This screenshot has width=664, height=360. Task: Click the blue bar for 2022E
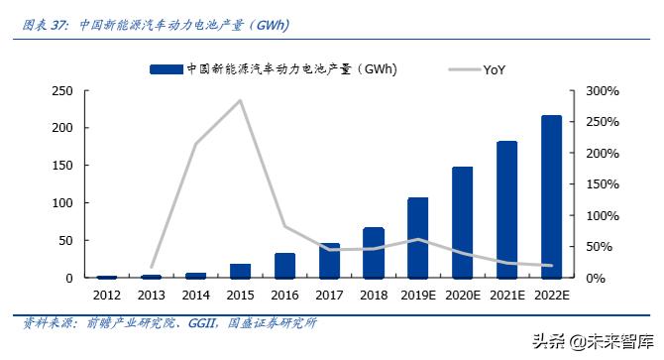[x=551, y=196]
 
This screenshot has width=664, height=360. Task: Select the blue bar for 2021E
[x=506, y=209]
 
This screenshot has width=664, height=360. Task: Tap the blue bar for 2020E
[x=462, y=222]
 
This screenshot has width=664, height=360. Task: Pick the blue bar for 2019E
[x=417, y=238]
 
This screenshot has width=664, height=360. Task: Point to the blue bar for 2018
[x=374, y=253]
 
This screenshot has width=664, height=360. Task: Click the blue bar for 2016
[x=284, y=266]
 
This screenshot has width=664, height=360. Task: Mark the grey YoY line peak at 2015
[x=240, y=100]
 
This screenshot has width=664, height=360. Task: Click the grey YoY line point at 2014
[x=195, y=145]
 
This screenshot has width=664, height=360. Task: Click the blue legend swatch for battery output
[x=166, y=68]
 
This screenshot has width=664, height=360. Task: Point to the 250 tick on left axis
[x=60, y=91]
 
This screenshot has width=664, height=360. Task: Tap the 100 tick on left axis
[x=60, y=203]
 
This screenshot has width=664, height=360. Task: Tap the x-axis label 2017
[x=329, y=296]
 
